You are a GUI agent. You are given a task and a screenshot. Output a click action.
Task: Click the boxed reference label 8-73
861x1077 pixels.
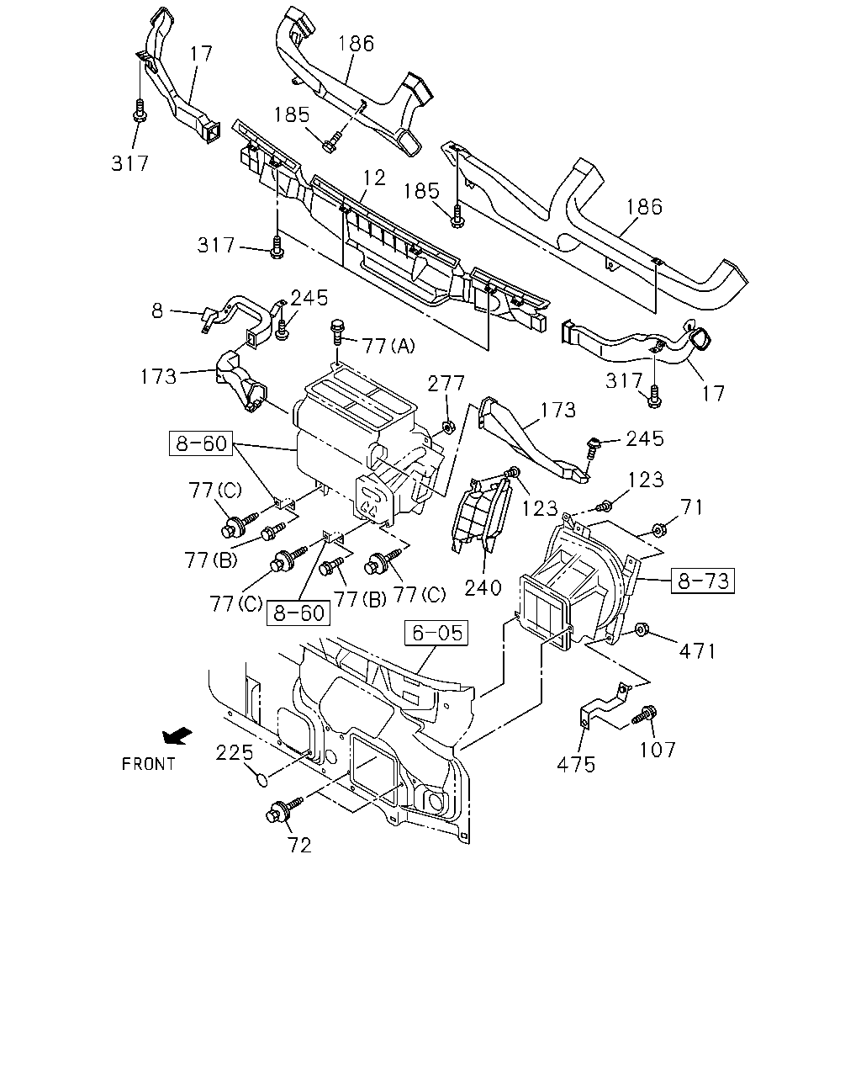(702, 581)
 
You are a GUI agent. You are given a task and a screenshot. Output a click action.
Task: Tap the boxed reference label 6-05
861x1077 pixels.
(436, 633)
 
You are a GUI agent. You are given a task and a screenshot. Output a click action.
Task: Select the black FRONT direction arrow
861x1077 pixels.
(177, 735)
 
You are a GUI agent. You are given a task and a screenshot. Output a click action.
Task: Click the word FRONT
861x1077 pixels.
(149, 764)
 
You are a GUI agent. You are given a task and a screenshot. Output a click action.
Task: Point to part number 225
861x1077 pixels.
(235, 752)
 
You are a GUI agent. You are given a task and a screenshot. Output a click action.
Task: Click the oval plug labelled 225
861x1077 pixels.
(261, 779)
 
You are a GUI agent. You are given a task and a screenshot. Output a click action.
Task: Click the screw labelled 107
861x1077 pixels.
(645, 714)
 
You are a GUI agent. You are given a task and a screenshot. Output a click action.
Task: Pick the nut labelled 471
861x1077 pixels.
(641, 629)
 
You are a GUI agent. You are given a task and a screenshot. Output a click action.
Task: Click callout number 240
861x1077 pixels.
(483, 587)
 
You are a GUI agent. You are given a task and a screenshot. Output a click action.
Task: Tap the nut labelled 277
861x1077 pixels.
(447, 427)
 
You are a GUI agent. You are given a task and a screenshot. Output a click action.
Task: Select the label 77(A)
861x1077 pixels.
(388, 345)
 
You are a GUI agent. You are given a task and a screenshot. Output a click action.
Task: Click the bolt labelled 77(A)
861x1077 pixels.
(337, 332)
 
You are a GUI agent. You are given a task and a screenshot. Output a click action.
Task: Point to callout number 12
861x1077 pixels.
(374, 178)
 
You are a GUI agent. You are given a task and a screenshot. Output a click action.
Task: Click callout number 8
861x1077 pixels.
(157, 310)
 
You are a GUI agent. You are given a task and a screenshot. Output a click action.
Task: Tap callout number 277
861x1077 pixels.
(446, 384)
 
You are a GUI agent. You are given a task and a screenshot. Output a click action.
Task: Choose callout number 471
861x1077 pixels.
(697, 651)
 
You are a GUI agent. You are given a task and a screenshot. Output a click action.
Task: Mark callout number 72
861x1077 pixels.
(299, 846)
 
